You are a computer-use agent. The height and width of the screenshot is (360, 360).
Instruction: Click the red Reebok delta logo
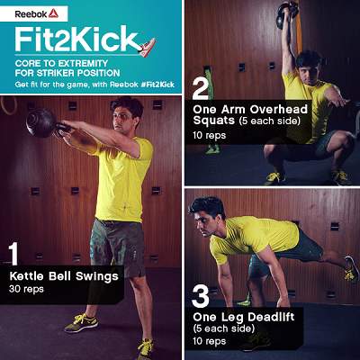53,13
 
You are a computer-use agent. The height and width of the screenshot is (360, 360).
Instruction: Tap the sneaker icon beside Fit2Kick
148,48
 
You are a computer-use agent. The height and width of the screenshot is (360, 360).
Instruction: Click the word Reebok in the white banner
31,14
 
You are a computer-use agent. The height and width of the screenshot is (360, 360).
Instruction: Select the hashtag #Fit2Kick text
157,85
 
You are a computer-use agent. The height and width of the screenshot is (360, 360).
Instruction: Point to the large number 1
13,254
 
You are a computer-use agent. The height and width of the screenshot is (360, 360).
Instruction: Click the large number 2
201,88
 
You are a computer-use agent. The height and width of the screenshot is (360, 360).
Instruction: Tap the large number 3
201,296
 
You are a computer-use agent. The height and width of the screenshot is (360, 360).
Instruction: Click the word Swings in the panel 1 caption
97,276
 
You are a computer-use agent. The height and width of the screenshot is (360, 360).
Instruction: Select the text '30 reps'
26,289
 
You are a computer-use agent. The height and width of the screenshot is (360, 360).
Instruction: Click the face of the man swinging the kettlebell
122,120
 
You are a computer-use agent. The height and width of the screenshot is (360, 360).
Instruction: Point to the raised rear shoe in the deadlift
351,270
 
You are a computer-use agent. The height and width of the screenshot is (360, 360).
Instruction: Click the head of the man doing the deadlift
206,217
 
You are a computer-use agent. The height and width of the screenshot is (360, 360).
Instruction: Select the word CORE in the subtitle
26,64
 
